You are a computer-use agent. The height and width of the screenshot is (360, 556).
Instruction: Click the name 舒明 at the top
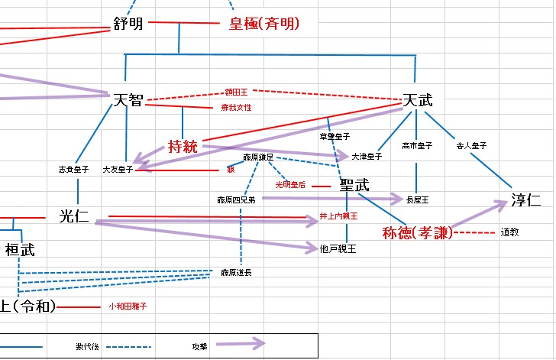pos(128,25)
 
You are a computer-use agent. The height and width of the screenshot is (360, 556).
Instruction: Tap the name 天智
pos(128,100)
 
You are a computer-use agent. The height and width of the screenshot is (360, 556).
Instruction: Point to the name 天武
pos(418,100)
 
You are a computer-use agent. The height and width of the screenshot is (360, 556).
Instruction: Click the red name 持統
pos(183,146)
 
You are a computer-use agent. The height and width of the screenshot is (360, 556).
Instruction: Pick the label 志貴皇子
pos(73,169)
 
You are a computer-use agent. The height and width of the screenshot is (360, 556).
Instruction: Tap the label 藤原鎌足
pos(258,157)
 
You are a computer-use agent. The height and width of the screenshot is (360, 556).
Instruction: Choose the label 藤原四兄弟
pos(236,200)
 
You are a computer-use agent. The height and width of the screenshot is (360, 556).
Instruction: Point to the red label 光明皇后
pos(290,185)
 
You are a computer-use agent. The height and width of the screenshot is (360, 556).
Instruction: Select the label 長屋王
pos(416,200)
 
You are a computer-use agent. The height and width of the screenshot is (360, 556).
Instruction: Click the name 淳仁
pos(525,202)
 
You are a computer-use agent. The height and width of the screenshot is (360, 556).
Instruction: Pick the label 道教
pos(510,232)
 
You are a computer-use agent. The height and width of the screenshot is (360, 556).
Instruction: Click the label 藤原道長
pos(236,272)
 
